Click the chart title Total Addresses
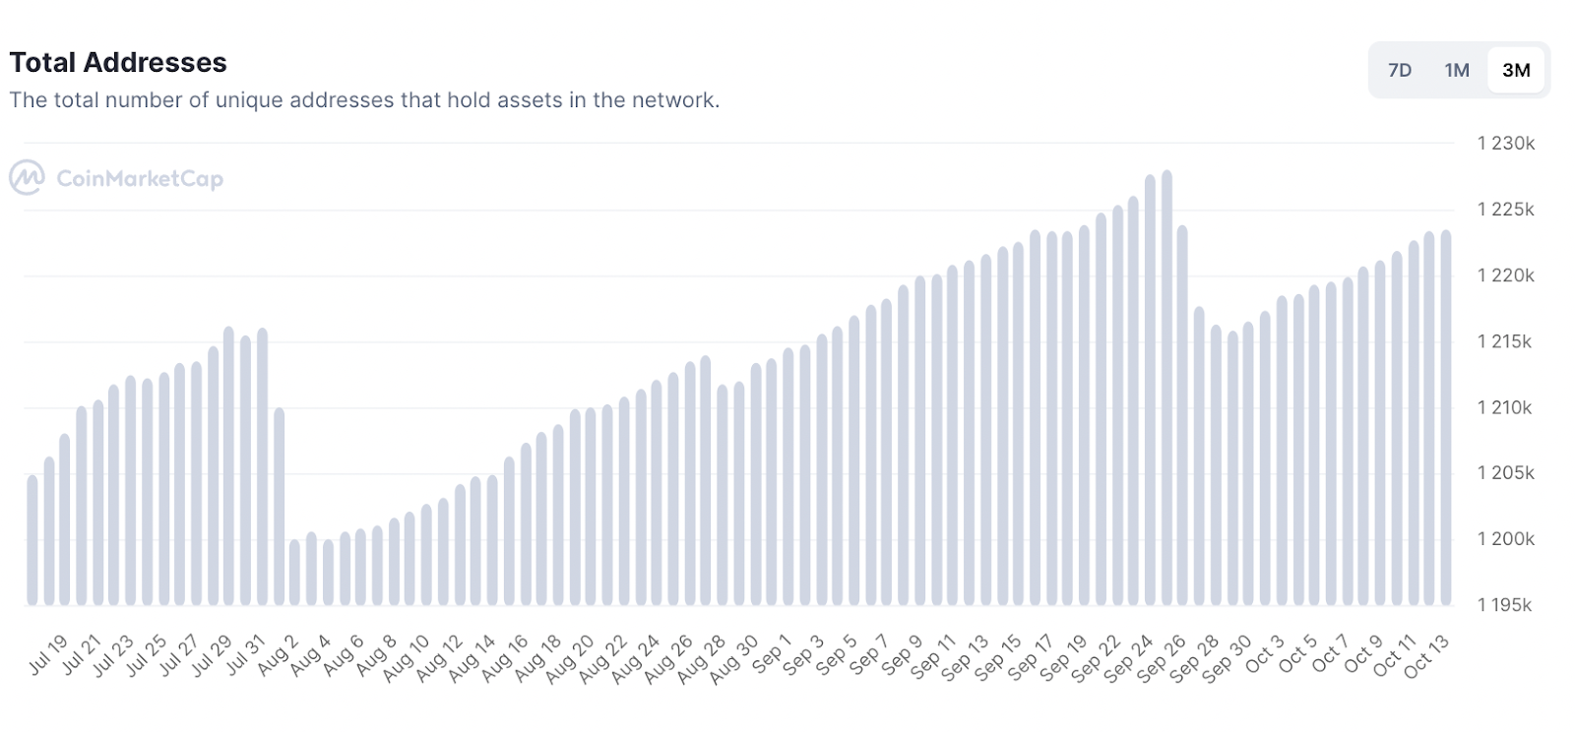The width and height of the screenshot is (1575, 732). (x=118, y=63)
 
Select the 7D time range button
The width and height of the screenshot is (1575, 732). (x=1399, y=71)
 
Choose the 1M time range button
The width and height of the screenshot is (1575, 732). (x=1457, y=71)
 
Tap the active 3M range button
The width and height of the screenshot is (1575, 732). (x=1516, y=71)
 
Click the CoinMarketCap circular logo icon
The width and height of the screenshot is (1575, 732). (x=27, y=178)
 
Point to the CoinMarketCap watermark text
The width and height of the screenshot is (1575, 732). (x=140, y=179)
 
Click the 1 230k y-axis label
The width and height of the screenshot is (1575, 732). (x=1505, y=144)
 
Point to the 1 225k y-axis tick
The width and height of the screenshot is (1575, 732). (x=1505, y=210)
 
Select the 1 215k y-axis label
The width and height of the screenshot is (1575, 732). (x=1504, y=341)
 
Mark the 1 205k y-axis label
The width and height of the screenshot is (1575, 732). (x=1505, y=473)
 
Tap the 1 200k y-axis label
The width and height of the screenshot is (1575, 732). (x=1505, y=539)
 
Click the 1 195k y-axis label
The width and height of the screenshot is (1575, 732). (x=1504, y=605)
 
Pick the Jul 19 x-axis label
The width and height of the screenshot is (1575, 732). (x=47, y=656)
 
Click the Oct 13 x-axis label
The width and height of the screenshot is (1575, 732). (x=1425, y=656)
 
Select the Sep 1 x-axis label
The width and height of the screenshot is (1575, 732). (x=772, y=656)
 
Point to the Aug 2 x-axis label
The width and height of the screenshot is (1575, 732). (x=278, y=656)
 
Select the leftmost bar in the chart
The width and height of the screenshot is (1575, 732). (x=32, y=541)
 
